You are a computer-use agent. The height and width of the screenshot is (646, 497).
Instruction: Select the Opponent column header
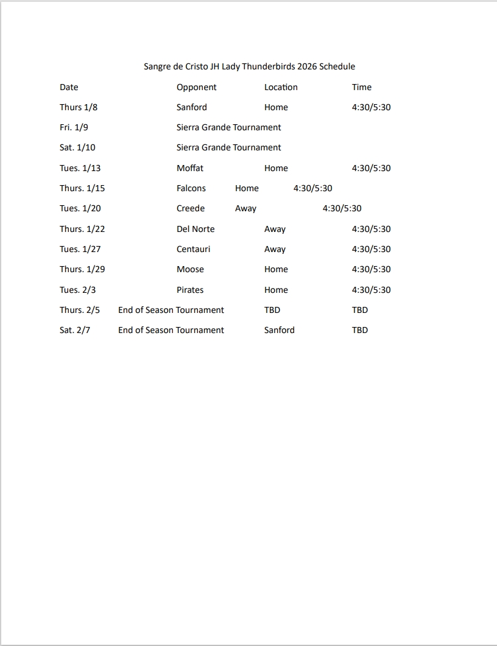tap(196, 87)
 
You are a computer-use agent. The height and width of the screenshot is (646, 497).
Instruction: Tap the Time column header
tap(361, 87)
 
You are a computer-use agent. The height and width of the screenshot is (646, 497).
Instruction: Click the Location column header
tap(281, 87)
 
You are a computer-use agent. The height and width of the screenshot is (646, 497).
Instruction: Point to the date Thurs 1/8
tap(79, 107)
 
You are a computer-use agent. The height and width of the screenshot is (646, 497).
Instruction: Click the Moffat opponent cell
tap(190, 168)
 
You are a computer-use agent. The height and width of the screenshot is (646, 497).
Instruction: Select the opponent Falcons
tap(191, 188)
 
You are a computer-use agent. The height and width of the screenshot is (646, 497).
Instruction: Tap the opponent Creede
tap(191, 208)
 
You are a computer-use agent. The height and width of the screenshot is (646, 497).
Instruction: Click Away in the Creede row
tap(245, 208)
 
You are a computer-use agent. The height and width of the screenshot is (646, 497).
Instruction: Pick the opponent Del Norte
tap(196, 229)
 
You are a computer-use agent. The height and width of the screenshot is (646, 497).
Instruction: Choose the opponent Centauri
tap(193, 249)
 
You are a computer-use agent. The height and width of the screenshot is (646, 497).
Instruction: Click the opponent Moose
tap(190, 269)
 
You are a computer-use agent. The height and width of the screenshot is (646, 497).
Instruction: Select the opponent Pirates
tap(190, 290)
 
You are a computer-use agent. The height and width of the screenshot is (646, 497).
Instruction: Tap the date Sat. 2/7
tap(75, 330)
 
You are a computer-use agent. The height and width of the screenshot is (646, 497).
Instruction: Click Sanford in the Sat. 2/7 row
tap(279, 330)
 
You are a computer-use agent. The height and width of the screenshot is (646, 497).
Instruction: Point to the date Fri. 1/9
tap(74, 127)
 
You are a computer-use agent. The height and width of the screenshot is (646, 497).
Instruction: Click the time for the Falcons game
tap(312, 188)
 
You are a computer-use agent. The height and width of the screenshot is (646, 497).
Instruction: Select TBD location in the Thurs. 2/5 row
tap(272, 310)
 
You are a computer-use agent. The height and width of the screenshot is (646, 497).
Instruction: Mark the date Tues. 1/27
tap(80, 249)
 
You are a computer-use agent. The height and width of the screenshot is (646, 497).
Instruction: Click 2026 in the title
tap(307, 66)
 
